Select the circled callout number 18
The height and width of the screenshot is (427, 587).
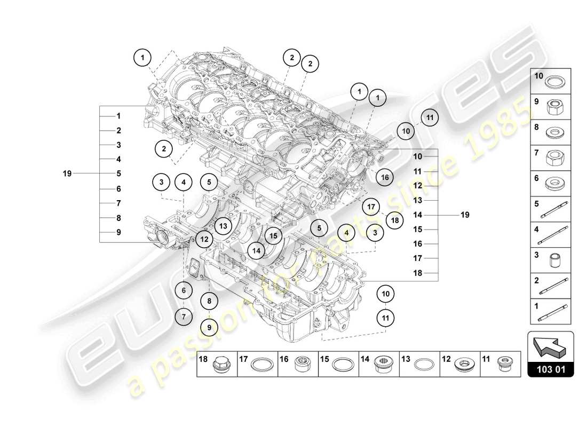(x=394, y=219)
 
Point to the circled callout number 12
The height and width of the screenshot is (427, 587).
(x=204, y=240)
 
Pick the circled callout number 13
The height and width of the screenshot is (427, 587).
(x=223, y=226)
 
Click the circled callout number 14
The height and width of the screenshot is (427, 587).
(x=257, y=250)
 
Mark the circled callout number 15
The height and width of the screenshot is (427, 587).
(x=273, y=235)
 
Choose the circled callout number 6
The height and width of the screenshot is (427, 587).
(x=184, y=291)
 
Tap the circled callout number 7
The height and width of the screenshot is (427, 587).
(x=184, y=317)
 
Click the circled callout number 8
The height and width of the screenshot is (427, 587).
(x=209, y=301)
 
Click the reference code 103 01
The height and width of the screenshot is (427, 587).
(x=550, y=369)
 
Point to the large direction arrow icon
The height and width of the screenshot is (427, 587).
(x=550, y=345)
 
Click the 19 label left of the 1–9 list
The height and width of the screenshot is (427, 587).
(x=67, y=173)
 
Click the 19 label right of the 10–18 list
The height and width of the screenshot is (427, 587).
(x=465, y=215)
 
